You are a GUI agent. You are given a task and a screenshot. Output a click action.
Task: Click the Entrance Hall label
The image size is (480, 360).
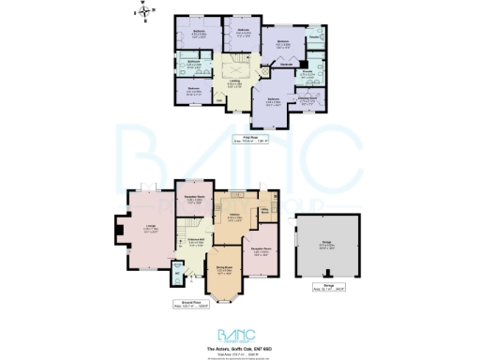pyautogui.click(x=196, y=241)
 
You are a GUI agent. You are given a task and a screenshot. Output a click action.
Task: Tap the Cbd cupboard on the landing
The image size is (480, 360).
pyautogui.click(x=221, y=98)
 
